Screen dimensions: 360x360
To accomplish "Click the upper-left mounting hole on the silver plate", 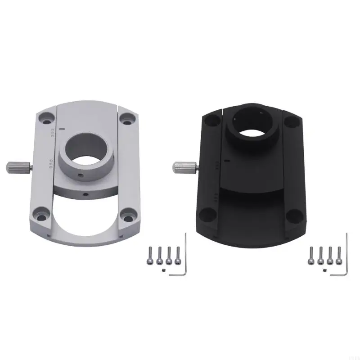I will (x=45, y=120).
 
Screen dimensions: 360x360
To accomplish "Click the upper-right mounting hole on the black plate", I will (x=290, y=121).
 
